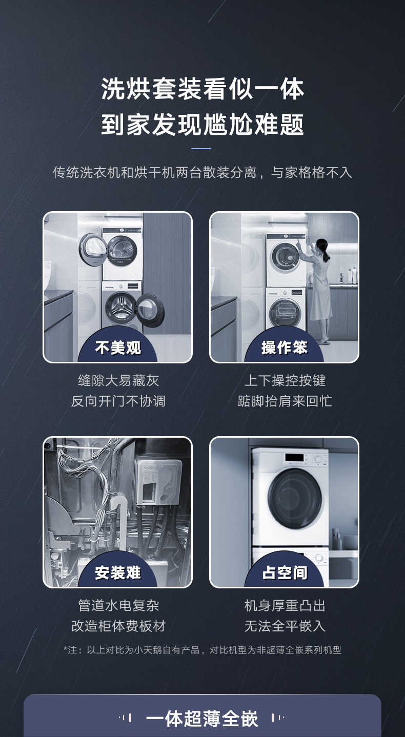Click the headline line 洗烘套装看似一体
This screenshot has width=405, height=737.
202,89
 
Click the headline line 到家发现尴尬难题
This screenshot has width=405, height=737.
202,125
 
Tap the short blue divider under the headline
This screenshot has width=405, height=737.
201,149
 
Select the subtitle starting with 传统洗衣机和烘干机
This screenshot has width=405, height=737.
202,172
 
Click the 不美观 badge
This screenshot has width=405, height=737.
118,348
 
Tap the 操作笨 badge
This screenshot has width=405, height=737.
285,348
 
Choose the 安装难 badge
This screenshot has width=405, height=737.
118,573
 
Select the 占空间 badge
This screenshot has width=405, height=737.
285,573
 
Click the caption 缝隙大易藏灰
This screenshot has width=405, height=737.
118,380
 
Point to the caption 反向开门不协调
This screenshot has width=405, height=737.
118,401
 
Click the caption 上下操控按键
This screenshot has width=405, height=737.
285,380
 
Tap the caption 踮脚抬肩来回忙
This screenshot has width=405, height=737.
285,401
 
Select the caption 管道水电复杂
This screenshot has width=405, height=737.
118,605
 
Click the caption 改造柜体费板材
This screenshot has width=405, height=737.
118,626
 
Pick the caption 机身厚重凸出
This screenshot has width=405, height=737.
285,605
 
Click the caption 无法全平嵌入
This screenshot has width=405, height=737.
285,626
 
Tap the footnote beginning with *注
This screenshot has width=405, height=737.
202,650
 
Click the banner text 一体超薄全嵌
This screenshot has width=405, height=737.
202,719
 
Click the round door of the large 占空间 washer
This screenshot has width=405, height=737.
295,499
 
